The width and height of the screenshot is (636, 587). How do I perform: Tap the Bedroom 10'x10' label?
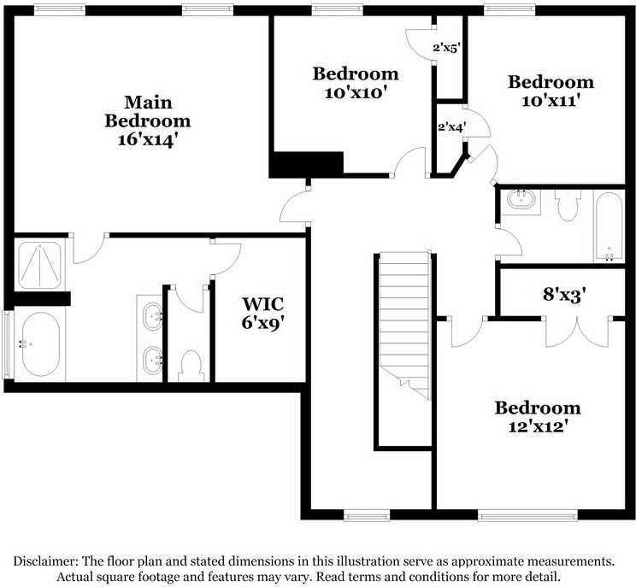[355, 82]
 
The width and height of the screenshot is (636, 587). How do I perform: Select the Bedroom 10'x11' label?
[551, 91]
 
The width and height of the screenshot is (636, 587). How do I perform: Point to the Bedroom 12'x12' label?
[538, 415]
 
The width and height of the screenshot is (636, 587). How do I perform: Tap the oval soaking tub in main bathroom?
[40, 345]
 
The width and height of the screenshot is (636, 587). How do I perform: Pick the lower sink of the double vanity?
[152, 360]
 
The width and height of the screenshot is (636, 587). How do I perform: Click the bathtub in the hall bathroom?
[609, 226]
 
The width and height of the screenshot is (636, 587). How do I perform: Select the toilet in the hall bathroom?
[568, 206]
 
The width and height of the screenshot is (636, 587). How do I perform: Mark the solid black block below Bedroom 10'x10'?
[307, 163]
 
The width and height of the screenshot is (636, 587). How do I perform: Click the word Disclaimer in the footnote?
[45, 561]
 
